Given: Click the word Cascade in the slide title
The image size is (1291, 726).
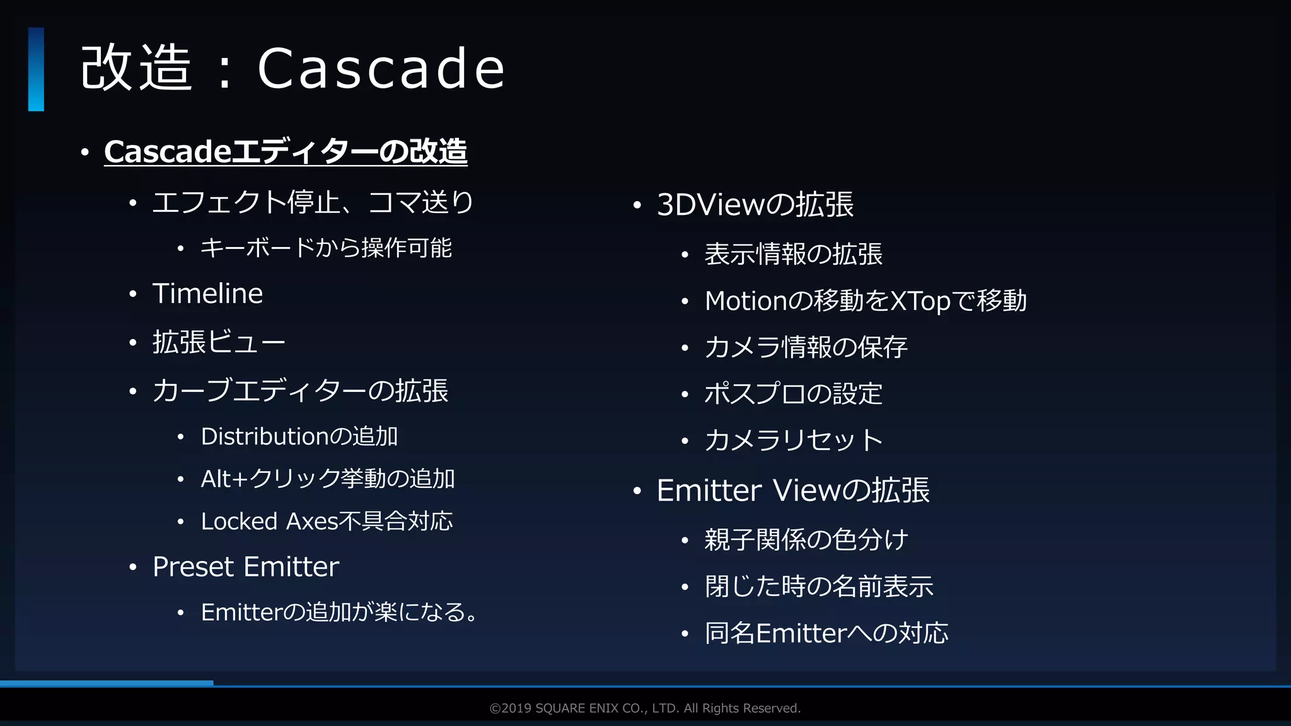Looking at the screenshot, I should click(x=381, y=68).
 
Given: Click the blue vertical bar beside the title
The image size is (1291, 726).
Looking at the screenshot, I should click(x=36, y=69).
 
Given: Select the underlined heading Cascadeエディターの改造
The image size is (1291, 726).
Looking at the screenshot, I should click(x=286, y=152).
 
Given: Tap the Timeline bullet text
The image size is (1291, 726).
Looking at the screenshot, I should click(x=207, y=294).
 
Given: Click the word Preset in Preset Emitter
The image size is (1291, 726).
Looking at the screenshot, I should click(x=194, y=567).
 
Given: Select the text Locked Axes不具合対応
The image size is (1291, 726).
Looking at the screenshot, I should click(x=327, y=521).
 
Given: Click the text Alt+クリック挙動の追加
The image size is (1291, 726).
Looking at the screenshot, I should click(x=328, y=479).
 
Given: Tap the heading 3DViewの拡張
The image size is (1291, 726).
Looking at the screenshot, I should click(x=755, y=205).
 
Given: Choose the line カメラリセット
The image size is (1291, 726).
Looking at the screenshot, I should click(x=794, y=440).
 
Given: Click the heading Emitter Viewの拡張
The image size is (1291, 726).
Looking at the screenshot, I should click(x=793, y=490).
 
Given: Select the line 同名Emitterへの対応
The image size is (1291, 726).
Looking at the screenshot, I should click(x=826, y=633).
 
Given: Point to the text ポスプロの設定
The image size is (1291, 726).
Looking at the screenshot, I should click(x=793, y=394).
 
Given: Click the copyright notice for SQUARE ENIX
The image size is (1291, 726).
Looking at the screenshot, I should click(x=645, y=708).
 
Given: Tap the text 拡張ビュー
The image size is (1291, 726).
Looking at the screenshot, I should click(x=219, y=343).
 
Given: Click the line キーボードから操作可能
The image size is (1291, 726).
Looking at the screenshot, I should click(x=326, y=248).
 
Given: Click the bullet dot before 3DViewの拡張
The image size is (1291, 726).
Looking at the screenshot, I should click(x=637, y=205).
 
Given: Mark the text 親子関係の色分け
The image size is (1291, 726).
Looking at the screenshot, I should click(x=806, y=540).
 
